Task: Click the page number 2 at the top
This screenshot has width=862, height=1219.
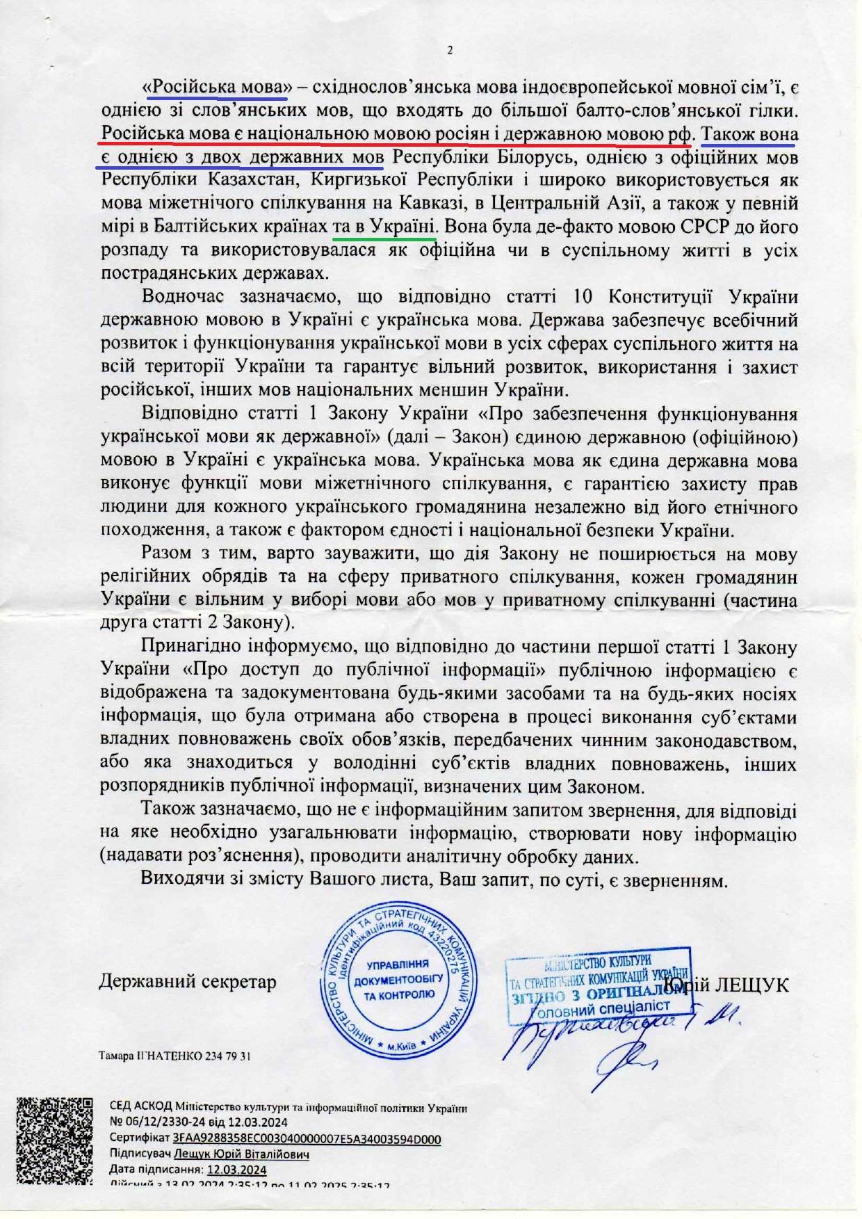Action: click(x=449, y=50)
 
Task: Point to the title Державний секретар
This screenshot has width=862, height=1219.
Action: click(x=188, y=981)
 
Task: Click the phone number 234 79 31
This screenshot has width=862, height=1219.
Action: click(x=227, y=1056)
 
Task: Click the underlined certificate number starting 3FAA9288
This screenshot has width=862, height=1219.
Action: click(x=307, y=1138)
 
